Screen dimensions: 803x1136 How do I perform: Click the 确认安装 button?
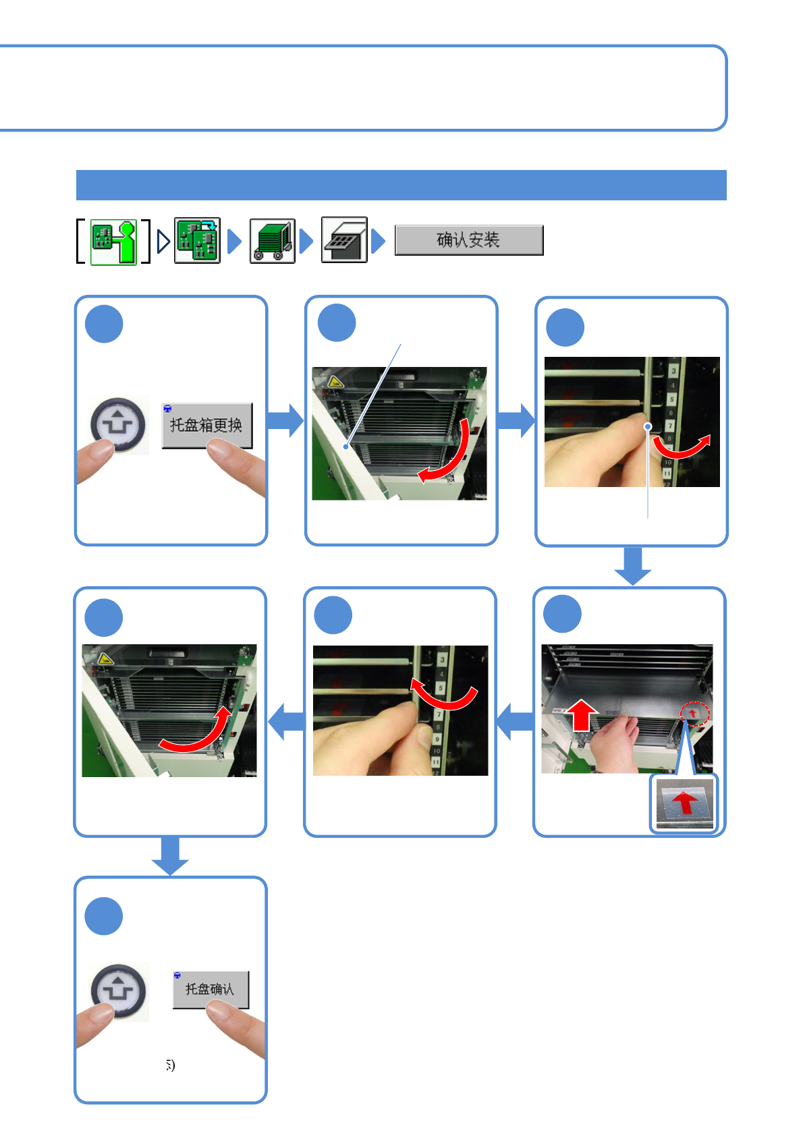[468, 240]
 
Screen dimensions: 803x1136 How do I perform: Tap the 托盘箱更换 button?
[206, 425]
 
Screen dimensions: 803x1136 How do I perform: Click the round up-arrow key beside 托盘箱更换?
[118, 424]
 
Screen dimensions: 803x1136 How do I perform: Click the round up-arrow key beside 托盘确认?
[118, 991]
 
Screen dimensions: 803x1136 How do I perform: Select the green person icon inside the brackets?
[113, 242]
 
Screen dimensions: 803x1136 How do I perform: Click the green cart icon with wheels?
[273, 241]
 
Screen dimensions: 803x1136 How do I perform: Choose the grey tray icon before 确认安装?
[344, 240]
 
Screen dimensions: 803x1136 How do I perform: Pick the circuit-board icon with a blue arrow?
[197, 240]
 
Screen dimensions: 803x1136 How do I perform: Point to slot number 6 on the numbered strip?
[671, 413]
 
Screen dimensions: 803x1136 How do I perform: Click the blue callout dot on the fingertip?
[647, 426]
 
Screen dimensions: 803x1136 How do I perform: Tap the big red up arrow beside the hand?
[581, 716]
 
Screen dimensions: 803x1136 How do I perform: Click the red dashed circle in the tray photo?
[694, 713]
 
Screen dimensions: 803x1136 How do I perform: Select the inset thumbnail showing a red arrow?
[684, 803]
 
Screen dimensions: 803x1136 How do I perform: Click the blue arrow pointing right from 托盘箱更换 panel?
[286, 420]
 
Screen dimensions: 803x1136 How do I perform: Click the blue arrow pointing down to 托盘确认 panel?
[170, 856]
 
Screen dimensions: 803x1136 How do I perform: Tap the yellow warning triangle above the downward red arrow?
[335, 382]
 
